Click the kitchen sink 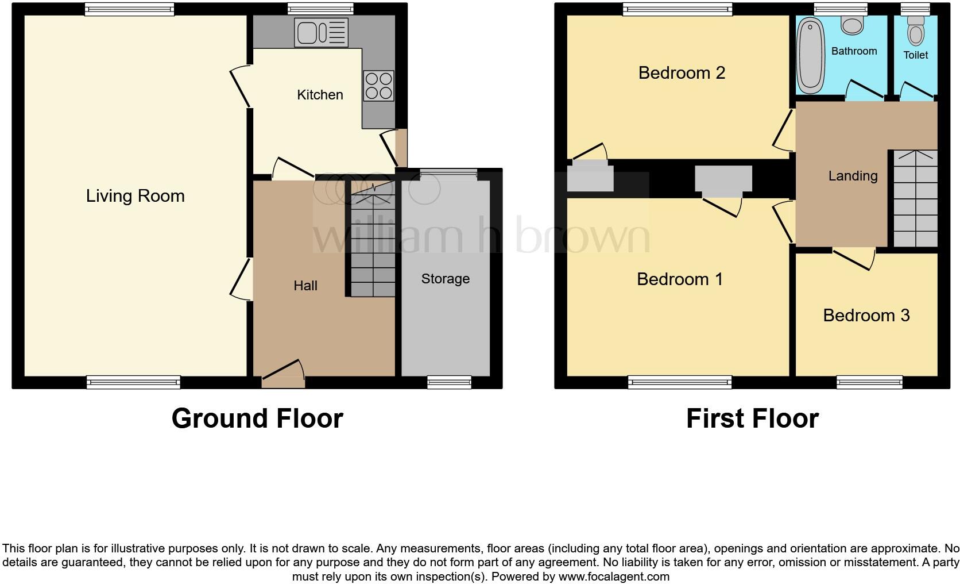point(321,32)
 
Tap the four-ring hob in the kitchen point(378,86)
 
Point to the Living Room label point(136,196)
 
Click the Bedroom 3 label point(866,315)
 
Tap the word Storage point(445,279)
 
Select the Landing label point(853,176)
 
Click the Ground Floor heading point(257,418)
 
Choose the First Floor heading point(752,418)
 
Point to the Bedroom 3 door point(854,257)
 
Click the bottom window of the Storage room point(449,382)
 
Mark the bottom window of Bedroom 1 point(680,382)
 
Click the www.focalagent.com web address point(613,576)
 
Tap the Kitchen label point(320,95)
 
